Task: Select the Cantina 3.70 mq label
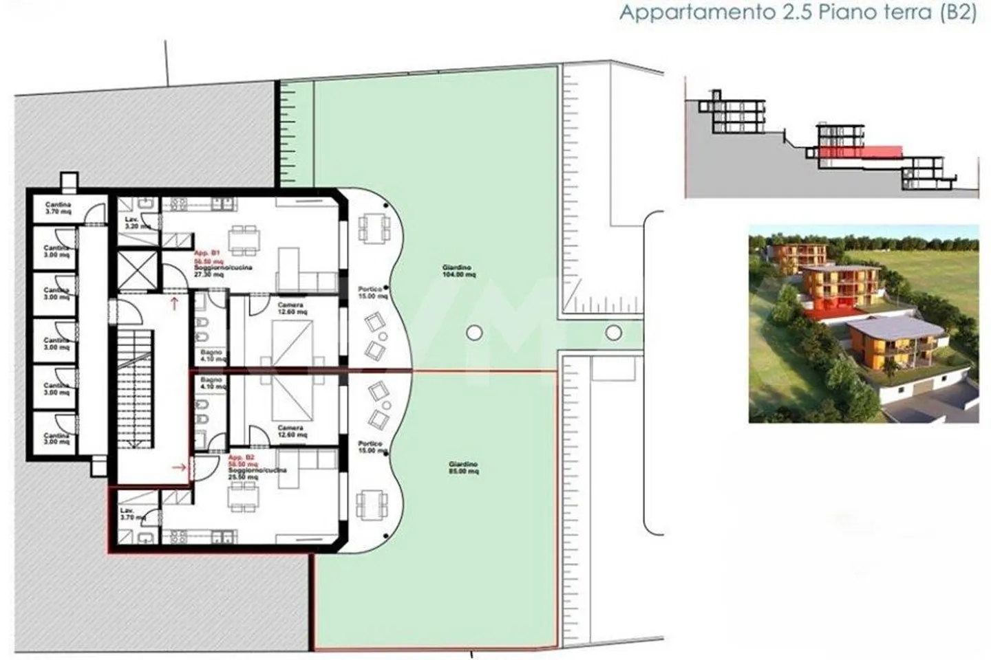click(58, 208)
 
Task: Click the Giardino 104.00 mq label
click(458, 271)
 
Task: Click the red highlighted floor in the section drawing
click(860, 151)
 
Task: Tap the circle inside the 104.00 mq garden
click(473, 333)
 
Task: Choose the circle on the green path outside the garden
click(613, 333)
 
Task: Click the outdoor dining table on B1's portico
click(372, 228)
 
